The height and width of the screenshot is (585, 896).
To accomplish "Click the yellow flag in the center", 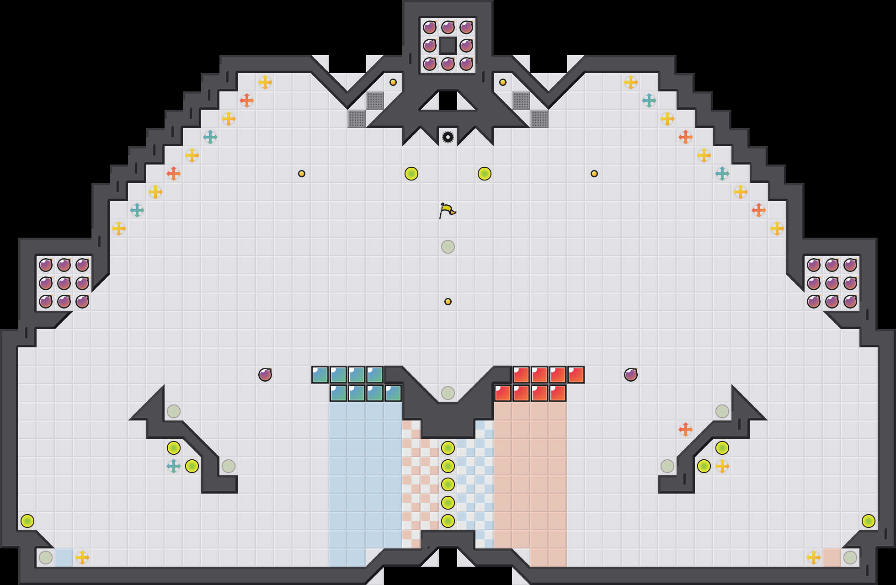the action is [447, 210].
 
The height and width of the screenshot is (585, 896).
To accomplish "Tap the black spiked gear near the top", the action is [448, 137].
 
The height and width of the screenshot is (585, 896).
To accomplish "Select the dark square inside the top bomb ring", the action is [448, 46].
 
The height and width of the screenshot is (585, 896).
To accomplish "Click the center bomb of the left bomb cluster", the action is [64, 283].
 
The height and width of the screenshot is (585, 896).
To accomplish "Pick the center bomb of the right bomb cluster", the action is [832, 283].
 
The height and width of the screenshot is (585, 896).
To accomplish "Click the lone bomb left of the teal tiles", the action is [265, 375].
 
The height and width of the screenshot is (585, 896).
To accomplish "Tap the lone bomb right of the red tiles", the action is [631, 375].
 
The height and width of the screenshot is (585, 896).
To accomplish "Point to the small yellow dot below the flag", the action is [448, 302].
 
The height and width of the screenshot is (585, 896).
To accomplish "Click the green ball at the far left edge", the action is [27, 521].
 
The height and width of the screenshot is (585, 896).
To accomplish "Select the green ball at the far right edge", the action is [869, 521].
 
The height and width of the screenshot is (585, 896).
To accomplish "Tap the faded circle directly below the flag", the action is [448, 247].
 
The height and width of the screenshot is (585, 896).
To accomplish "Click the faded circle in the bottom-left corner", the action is [46, 558].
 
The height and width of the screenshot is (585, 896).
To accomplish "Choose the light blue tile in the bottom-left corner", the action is [64, 558].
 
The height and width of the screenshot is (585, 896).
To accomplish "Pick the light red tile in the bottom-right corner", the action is [832, 558].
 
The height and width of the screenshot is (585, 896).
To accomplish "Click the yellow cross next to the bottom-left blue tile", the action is [82, 558].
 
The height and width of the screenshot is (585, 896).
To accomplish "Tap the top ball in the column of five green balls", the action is [448, 448].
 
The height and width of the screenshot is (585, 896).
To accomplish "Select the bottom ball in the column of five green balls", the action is [448, 521].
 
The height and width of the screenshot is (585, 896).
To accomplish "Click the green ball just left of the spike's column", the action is [411, 174].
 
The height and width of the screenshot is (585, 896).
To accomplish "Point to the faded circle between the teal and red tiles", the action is [448, 393].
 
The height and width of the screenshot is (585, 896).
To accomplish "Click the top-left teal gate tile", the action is [320, 375].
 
